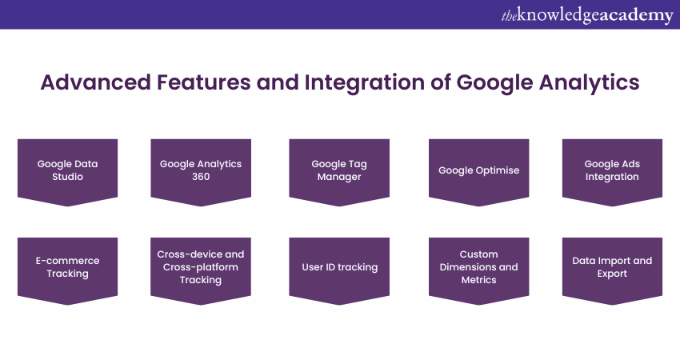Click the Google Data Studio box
point(68,172)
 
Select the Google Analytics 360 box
point(201,172)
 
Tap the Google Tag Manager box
point(339,172)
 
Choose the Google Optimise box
point(478,172)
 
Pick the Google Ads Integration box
point(612,172)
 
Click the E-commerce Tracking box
point(68,270)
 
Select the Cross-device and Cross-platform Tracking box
point(201,270)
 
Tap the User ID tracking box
point(339,270)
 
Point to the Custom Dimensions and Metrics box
point(478,270)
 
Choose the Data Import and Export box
point(612,270)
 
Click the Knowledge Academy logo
point(587,15)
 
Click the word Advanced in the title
point(96,82)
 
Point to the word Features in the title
point(203,82)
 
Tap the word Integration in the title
point(365,83)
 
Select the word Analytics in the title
point(590,83)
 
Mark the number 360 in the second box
point(201,177)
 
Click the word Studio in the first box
point(68,177)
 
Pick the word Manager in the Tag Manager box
point(339,177)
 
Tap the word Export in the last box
point(612,274)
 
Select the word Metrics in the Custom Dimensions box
point(478,280)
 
